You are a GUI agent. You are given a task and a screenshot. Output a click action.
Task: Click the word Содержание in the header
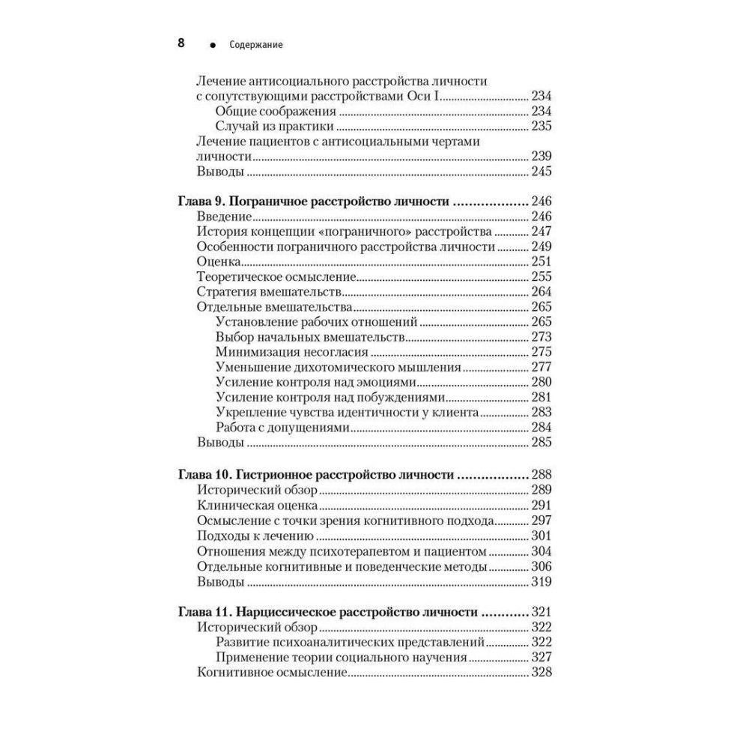coord(257,45)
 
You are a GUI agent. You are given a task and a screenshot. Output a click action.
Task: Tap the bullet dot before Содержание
coord(213,46)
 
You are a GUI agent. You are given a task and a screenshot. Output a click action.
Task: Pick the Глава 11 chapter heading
coord(328,612)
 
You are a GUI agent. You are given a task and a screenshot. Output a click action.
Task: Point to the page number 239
coord(541,156)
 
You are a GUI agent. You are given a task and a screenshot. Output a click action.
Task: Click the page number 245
coord(541,172)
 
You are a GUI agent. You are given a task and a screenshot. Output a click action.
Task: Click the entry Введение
coord(225,217)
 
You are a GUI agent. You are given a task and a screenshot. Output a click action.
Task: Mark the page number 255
coord(541,277)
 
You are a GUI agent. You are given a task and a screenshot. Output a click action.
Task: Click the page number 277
coord(541,367)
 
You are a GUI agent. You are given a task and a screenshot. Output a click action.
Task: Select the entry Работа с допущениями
coord(283,428)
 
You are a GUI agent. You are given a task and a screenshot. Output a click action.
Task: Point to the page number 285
coord(541,443)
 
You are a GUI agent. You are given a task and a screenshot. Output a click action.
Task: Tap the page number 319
coord(541,581)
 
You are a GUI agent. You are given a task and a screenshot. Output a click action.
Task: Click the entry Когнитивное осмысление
coord(271,673)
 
